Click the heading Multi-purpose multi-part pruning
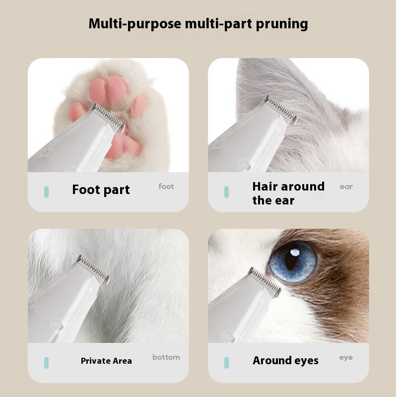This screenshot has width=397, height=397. point(198,23)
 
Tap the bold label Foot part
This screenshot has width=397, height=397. point(101,190)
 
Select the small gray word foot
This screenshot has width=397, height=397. point(166,187)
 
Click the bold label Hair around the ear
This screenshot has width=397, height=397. point(288,193)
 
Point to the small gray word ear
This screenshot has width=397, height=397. point(346,187)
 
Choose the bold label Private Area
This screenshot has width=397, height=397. point(106,361)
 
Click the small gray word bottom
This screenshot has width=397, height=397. point(166,357)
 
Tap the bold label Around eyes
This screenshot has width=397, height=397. point(285,361)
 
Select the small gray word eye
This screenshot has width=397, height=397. point(346,357)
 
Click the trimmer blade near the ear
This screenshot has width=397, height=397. point(281,109)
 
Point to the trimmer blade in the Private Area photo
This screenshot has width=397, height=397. point(93,268)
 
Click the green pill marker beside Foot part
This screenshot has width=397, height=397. point(46,192)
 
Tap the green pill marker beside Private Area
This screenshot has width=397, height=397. point(46,362)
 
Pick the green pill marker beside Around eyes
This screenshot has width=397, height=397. point(226,362)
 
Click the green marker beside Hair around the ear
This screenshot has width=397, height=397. point(226,192)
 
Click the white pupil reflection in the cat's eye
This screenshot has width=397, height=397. point(295,253)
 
